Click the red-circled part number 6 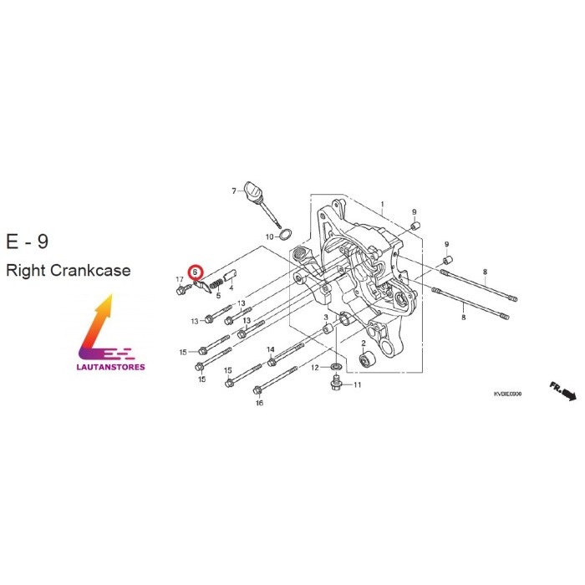click(196, 272)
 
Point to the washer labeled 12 click(334, 367)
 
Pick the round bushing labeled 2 click(365, 361)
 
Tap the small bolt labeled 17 click(183, 289)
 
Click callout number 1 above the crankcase click(382, 204)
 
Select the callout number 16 click(259, 403)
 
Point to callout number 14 click(271, 348)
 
